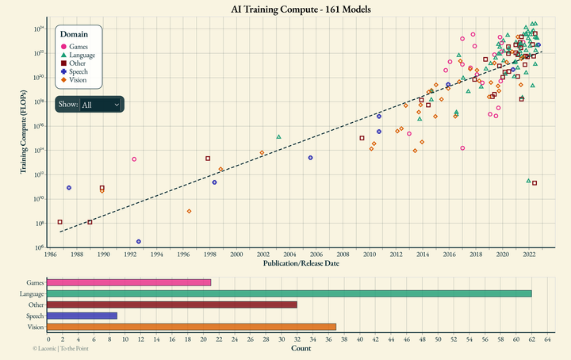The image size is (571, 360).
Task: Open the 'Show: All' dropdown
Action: (x=100, y=105)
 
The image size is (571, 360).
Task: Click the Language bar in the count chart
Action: (x=289, y=293)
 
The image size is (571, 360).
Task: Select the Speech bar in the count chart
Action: (x=82, y=316)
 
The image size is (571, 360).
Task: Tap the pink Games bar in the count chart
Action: (x=128, y=282)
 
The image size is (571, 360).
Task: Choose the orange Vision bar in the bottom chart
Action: (x=191, y=327)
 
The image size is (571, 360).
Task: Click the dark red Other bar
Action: (x=171, y=304)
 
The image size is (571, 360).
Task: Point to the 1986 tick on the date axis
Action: (x=50, y=255)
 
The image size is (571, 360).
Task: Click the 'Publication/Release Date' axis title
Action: (x=301, y=264)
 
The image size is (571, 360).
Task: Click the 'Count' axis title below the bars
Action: (x=301, y=348)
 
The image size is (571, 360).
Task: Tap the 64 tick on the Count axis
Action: (x=547, y=339)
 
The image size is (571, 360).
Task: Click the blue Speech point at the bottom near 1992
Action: (x=139, y=241)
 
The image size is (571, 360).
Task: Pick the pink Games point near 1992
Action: (x=134, y=159)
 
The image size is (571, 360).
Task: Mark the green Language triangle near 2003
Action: (x=278, y=136)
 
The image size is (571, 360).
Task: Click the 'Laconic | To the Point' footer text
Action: (x=60, y=348)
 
